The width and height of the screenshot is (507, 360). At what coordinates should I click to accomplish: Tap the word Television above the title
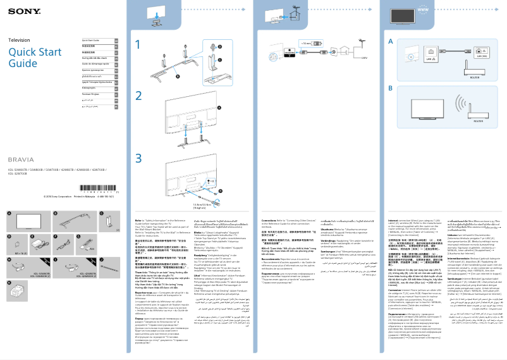(18, 40)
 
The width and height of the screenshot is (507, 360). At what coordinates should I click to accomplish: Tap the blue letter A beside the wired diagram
(391, 41)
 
